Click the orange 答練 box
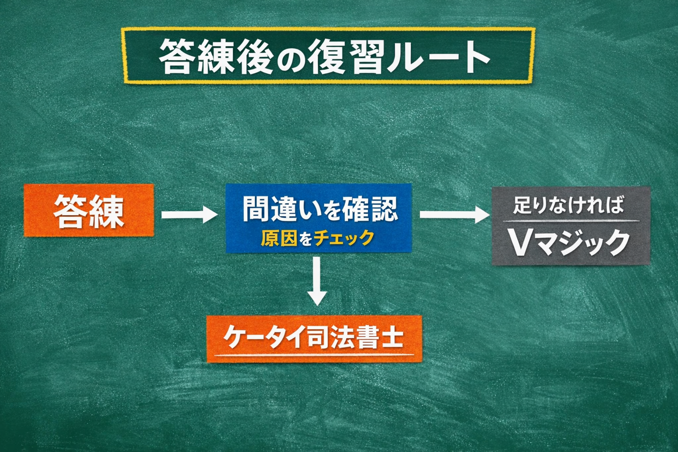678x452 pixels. [x=89, y=210]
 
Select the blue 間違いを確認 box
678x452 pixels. [x=319, y=218]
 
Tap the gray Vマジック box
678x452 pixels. [x=571, y=226]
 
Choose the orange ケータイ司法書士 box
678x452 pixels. [x=314, y=339]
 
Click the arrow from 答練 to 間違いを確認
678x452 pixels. [x=190, y=215]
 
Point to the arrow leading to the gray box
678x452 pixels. [x=455, y=215]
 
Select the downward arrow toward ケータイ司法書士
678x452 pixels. [x=317, y=281]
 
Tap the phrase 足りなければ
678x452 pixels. [x=569, y=205]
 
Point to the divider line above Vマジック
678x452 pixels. [x=571, y=221]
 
